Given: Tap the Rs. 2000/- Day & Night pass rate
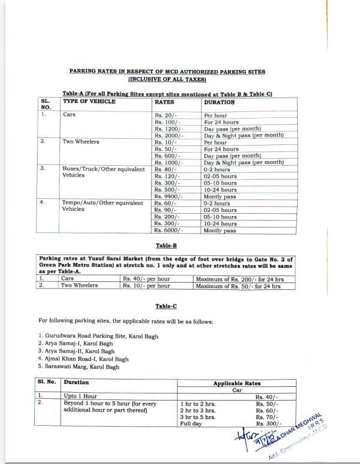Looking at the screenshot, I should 168,136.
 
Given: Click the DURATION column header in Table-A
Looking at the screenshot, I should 219,102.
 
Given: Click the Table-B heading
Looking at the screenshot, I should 166,245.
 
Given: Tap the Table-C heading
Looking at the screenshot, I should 166,307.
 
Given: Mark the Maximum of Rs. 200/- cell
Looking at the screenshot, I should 238,279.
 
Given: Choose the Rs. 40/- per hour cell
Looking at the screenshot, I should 147,279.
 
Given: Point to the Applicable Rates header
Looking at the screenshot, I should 237,383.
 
